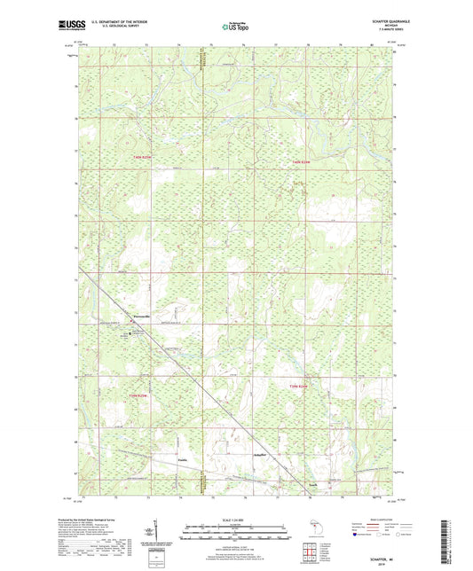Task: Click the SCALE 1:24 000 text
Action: [235, 519]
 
